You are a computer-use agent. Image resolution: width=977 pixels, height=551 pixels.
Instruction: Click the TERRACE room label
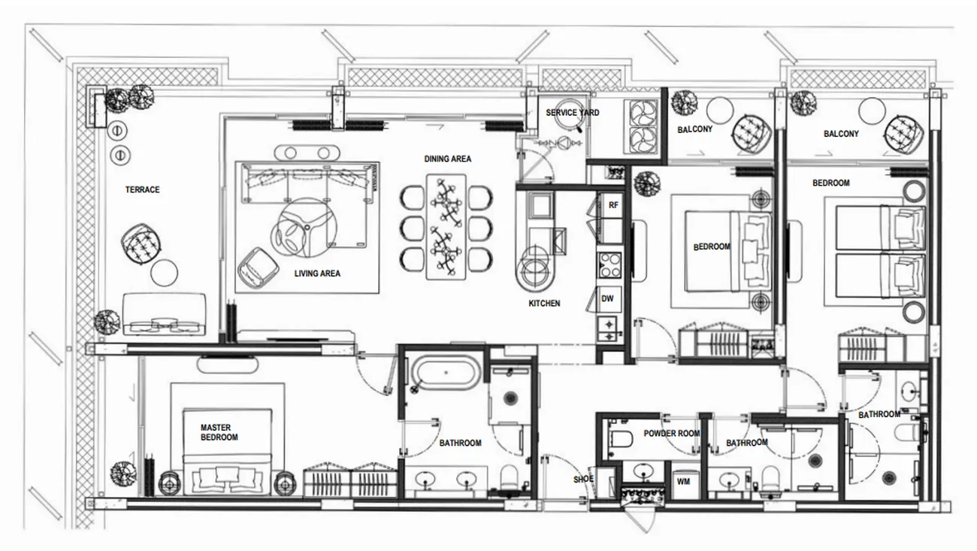click(x=142, y=189)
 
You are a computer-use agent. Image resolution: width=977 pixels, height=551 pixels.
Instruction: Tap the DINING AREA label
click(x=447, y=159)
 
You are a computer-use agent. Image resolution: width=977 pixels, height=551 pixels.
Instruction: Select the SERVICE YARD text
click(x=572, y=113)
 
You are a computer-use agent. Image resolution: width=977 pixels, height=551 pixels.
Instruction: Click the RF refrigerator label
click(x=613, y=205)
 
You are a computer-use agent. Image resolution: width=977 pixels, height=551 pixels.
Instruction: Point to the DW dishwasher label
click(x=607, y=299)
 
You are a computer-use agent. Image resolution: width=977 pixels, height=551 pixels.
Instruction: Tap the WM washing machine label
click(x=683, y=482)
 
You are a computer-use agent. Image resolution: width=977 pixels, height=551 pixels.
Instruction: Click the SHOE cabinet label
click(x=583, y=479)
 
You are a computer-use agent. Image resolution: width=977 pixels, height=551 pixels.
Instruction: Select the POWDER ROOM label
click(x=672, y=433)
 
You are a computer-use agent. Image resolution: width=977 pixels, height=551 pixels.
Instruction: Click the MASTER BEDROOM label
click(x=219, y=432)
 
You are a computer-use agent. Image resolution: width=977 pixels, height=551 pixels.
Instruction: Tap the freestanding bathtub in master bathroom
click(x=445, y=374)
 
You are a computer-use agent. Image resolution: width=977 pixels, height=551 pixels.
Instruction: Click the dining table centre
click(x=446, y=227)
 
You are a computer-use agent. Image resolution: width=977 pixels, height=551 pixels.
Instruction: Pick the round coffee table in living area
click(x=304, y=227)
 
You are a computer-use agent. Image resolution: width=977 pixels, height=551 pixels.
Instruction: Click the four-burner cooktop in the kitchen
click(x=609, y=265)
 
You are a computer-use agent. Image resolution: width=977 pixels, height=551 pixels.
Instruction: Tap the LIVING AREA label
click(x=317, y=274)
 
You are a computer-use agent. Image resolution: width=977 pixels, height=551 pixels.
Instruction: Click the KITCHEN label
click(x=544, y=303)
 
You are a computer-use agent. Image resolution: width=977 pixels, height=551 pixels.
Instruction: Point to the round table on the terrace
click(x=165, y=273)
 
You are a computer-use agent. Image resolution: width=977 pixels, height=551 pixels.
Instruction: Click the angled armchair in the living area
click(x=259, y=268)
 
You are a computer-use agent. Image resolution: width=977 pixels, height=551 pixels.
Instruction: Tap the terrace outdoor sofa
click(x=164, y=313)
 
